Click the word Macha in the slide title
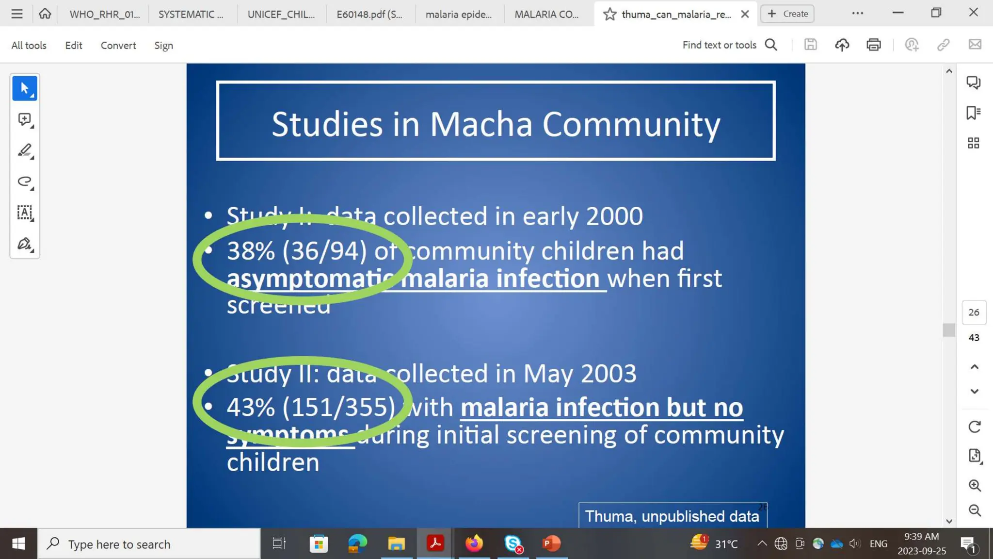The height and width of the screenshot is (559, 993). [481, 124]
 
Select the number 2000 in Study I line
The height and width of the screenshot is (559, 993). [614, 216]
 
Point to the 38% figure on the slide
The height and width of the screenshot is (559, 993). [251, 251]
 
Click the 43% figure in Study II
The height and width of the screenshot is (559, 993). [251, 407]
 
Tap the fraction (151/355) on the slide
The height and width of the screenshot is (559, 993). [339, 407]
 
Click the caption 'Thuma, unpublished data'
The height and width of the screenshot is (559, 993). [672, 516]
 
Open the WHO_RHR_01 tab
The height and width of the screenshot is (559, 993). [104, 14]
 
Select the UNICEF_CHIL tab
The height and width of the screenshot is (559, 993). [281, 14]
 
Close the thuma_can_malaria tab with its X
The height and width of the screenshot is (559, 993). [745, 14]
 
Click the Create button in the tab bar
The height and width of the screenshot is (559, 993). [787, 14]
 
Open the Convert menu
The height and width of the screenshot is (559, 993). [118, 45]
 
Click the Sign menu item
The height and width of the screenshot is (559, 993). [163, 45]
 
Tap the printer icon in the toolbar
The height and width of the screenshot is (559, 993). [873, 45]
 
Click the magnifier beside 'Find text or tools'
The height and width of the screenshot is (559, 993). [771, 45]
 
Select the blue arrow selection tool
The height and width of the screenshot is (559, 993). [25, 88]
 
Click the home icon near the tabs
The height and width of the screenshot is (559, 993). [45, 14]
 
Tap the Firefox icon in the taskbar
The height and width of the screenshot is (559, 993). [474, 543]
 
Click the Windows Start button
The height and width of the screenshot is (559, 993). [18, 543]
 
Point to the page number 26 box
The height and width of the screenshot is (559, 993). [974, 312]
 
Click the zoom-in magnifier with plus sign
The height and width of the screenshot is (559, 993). [975, 485]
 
